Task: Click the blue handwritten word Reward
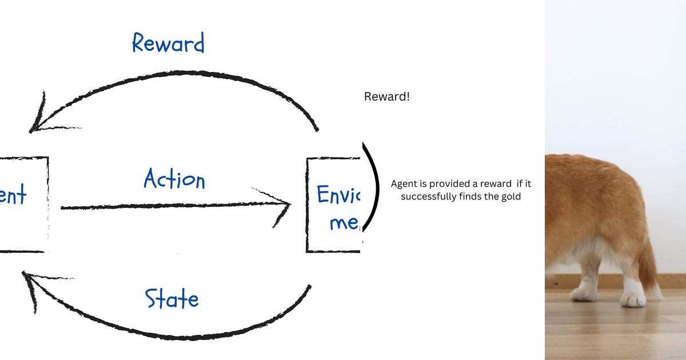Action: [x=168, y=43]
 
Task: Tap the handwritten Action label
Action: [x=174, y=179]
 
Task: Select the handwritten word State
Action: [x=171, y=298]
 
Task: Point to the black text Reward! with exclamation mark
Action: [x=386, y=97]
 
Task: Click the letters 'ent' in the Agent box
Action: [x=13, y=195]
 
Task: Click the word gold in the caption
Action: [x=510, y=197]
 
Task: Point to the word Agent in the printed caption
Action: [x=404, y=184]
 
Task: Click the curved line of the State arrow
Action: [x=171, y=331]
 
